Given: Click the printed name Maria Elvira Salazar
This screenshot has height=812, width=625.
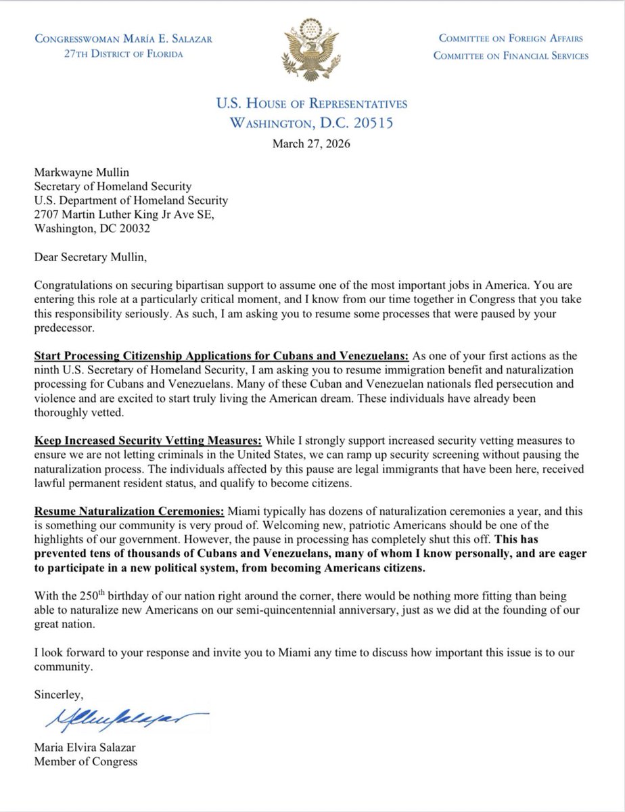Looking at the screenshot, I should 88,748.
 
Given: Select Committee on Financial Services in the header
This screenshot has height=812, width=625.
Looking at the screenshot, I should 511,55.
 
